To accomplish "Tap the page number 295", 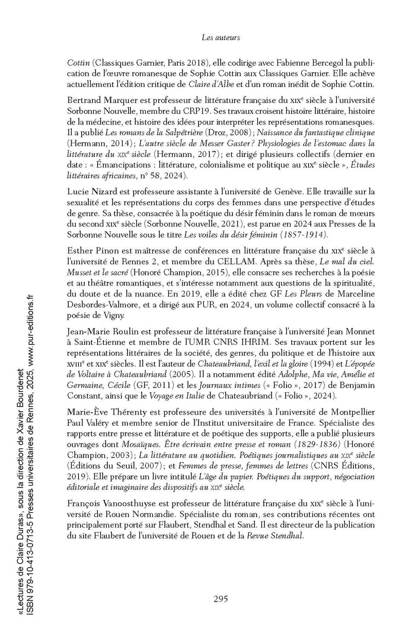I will [220, 598].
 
